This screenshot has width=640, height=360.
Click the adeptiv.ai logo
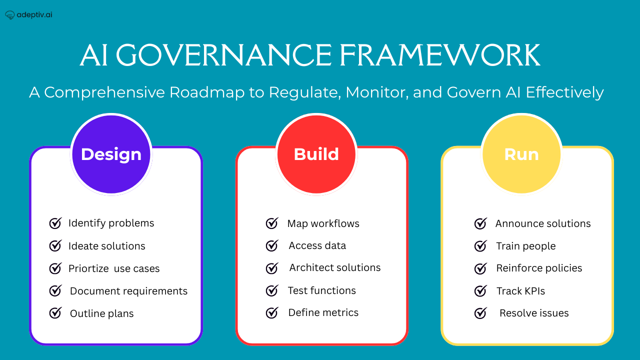click(28, 15)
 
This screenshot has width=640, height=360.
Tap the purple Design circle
click(111, 154)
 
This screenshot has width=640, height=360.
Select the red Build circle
click(316, 154)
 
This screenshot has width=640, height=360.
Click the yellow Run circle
click(521, 154)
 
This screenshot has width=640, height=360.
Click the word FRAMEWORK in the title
click(439, 55)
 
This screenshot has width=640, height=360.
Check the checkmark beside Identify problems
click(55, 223)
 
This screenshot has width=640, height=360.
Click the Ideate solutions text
click(106, 246)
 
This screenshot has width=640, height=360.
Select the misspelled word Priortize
click(88, 268)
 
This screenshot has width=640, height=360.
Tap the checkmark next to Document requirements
click(55, 290)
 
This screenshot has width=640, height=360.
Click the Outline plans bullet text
click(101, 313)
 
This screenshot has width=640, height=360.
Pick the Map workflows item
click(323, 223)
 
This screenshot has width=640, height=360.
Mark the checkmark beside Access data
click(272, 245)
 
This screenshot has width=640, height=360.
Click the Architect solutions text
click(334, 267)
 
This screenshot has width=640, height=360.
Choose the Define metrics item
click(323, 312)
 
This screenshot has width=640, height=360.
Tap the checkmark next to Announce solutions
click(480, 223)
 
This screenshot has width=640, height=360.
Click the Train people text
click(525, 246)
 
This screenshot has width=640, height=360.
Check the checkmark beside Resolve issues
click(480, 313)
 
